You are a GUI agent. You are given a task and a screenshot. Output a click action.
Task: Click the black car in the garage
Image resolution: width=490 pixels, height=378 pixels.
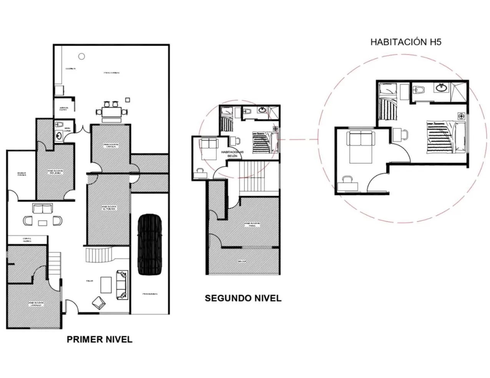[149, 244]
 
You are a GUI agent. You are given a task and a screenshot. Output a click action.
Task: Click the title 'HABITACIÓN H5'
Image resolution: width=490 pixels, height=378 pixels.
[405, 42]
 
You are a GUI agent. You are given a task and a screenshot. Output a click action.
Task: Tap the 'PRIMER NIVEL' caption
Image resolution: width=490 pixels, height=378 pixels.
[100, 339]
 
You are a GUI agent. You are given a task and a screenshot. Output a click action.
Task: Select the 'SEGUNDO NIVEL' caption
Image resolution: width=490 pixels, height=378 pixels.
[243, 298]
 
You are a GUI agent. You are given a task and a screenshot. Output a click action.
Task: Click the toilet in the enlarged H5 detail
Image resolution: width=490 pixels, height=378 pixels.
[419, 91]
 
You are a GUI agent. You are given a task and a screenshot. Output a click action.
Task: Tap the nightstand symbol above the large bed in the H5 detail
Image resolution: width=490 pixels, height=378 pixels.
[461, 115]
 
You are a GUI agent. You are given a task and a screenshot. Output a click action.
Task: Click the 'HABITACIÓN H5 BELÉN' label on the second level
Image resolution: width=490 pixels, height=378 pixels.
[233, 154]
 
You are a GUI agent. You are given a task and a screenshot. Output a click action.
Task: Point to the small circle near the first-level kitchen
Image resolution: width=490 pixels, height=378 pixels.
[81, 56]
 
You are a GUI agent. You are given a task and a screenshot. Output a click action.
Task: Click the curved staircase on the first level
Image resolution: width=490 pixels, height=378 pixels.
[98, 254]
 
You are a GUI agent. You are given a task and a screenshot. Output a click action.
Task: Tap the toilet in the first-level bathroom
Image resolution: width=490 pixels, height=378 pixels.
[59, 125]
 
